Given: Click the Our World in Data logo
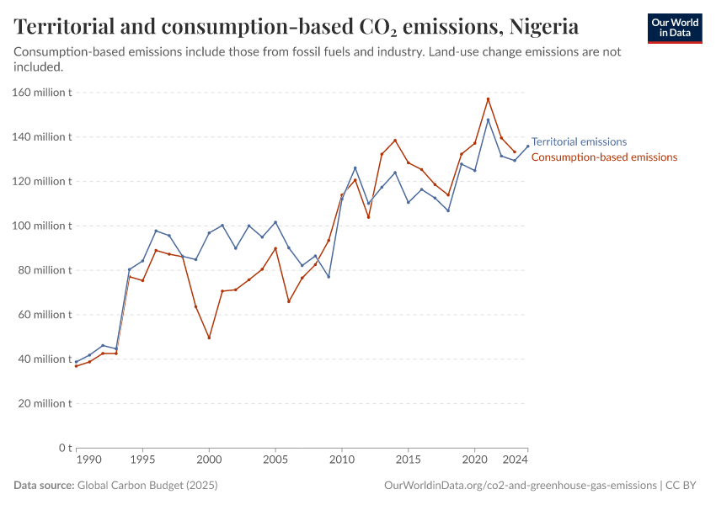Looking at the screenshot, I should click(x=675, y=28).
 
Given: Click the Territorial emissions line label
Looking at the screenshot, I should click(x=579, y=142).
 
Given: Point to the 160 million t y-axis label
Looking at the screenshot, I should click(x=41, y=93).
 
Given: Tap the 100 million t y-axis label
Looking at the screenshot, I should click(x=41, y=226).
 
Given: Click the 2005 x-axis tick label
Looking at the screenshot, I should click(x=275, y=461).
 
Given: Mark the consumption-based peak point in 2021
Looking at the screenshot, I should click(x=488, y=99).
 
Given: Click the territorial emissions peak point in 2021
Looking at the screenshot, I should click(x=488, y=120).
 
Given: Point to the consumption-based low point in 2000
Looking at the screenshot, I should click(x=209, y=338).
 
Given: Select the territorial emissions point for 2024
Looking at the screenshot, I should click(x=528, y=146).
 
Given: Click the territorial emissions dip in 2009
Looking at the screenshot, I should click(x=329, y=277).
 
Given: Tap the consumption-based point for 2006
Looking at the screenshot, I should click(x=289, y=301).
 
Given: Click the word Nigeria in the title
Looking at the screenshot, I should click(x=543, y=27).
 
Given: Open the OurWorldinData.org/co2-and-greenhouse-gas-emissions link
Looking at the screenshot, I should click(x=520, y=486).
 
